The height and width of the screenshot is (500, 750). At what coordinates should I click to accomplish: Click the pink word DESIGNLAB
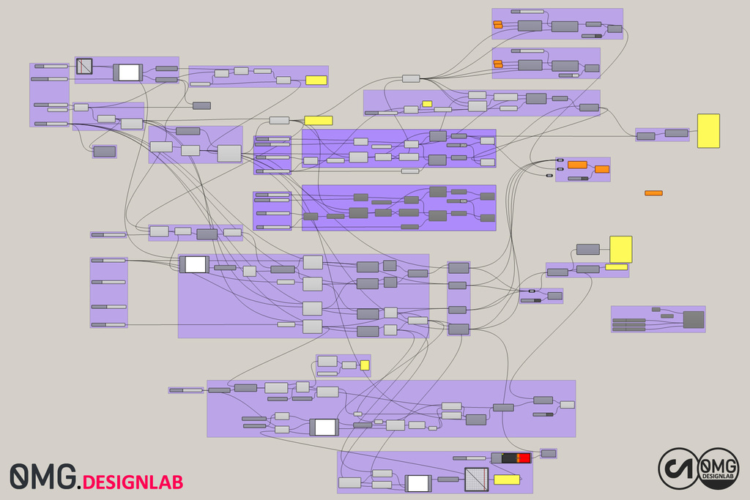click(x=133, y=482)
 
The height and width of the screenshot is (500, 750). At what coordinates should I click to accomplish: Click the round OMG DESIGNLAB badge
click(x=719, y=469)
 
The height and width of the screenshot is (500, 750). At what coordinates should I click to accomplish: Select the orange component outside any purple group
click(x=653, y=193)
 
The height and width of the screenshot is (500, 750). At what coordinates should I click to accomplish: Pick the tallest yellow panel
click(x=708, y=130)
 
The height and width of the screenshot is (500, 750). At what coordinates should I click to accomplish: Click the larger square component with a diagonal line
click(x=476, y=480)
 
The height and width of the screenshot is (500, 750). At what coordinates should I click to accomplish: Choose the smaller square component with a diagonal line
click(x=85, y=66)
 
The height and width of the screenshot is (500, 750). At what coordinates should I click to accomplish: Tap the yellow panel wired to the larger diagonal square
click(x=507, y=480)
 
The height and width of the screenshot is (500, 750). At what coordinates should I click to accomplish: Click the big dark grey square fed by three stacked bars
click(x=694, y=319)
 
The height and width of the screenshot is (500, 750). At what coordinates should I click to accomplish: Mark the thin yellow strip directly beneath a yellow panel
click(x=616, y=266)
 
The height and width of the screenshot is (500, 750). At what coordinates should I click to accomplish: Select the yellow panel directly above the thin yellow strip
click(x=621, y=249)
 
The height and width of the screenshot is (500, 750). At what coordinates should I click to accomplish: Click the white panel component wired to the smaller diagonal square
click(x=128, y=72)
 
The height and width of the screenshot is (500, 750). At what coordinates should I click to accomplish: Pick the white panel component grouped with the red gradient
click(x=418, y=483)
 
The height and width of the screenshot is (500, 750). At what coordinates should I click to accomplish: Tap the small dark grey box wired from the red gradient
click(x=548, y=453)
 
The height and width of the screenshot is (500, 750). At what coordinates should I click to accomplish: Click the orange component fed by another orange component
click(x=602, y=169)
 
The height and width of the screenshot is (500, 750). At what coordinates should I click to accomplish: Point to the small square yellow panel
click(x=365, y=365)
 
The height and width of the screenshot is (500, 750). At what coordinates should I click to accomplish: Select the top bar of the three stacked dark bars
click(x=629, y=320)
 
